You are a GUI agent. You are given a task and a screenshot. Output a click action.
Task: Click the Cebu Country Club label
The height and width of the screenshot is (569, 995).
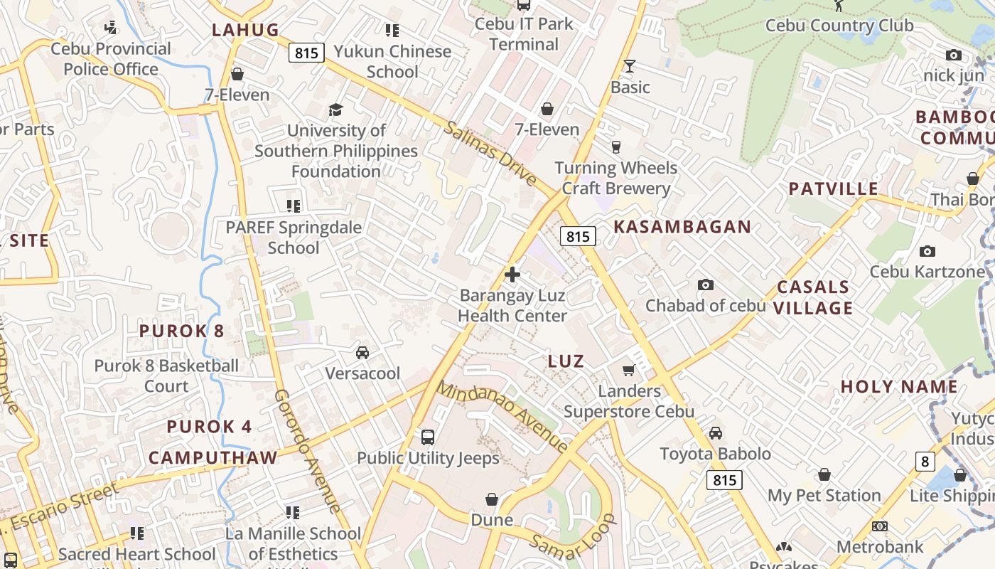[x=839, y=26]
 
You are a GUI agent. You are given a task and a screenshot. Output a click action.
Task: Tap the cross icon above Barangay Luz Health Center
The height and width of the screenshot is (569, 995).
[x=512, y=275]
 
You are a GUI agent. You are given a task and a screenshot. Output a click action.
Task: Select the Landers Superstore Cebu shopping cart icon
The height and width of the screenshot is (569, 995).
[x=628, y=370]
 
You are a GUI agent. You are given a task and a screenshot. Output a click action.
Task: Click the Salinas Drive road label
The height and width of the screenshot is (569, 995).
[x=490, y=154]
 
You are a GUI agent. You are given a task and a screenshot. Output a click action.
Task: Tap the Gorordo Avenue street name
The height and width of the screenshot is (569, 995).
[x=308, y=451]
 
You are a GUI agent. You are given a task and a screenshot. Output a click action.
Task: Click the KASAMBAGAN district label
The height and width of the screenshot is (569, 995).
[x=682, y=227]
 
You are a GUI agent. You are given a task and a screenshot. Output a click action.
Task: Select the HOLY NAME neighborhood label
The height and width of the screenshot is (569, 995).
[x=899, y=387]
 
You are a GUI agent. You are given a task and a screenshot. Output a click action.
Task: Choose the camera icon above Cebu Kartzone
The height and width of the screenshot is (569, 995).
[x=927, y=251]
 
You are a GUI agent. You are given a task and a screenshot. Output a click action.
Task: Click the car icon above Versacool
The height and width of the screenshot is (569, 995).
[x=362, y=353]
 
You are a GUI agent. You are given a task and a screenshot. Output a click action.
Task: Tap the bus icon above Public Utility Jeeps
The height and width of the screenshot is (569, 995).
[x=427, y=437]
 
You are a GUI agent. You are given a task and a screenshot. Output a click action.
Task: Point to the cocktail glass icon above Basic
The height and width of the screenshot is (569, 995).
[x=629, y=67]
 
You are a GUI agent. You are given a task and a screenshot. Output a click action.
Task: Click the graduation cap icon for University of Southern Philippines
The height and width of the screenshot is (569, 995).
[x=335, y=110]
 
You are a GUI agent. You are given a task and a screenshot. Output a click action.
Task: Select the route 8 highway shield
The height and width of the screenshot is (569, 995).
[x=924, y=462]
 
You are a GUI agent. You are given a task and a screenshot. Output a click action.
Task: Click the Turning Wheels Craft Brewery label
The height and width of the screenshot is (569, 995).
[x=615, y=178]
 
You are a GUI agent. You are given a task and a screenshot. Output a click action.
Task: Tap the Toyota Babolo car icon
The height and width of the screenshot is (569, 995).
[x=716, y=433]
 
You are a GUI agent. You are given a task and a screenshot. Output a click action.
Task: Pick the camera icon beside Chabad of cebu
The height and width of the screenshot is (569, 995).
[x=705, y=284]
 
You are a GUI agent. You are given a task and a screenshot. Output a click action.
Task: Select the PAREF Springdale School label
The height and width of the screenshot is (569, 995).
[x=294, y=238]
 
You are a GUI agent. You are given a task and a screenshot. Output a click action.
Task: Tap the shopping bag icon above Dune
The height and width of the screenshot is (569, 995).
[x=491, y=499]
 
